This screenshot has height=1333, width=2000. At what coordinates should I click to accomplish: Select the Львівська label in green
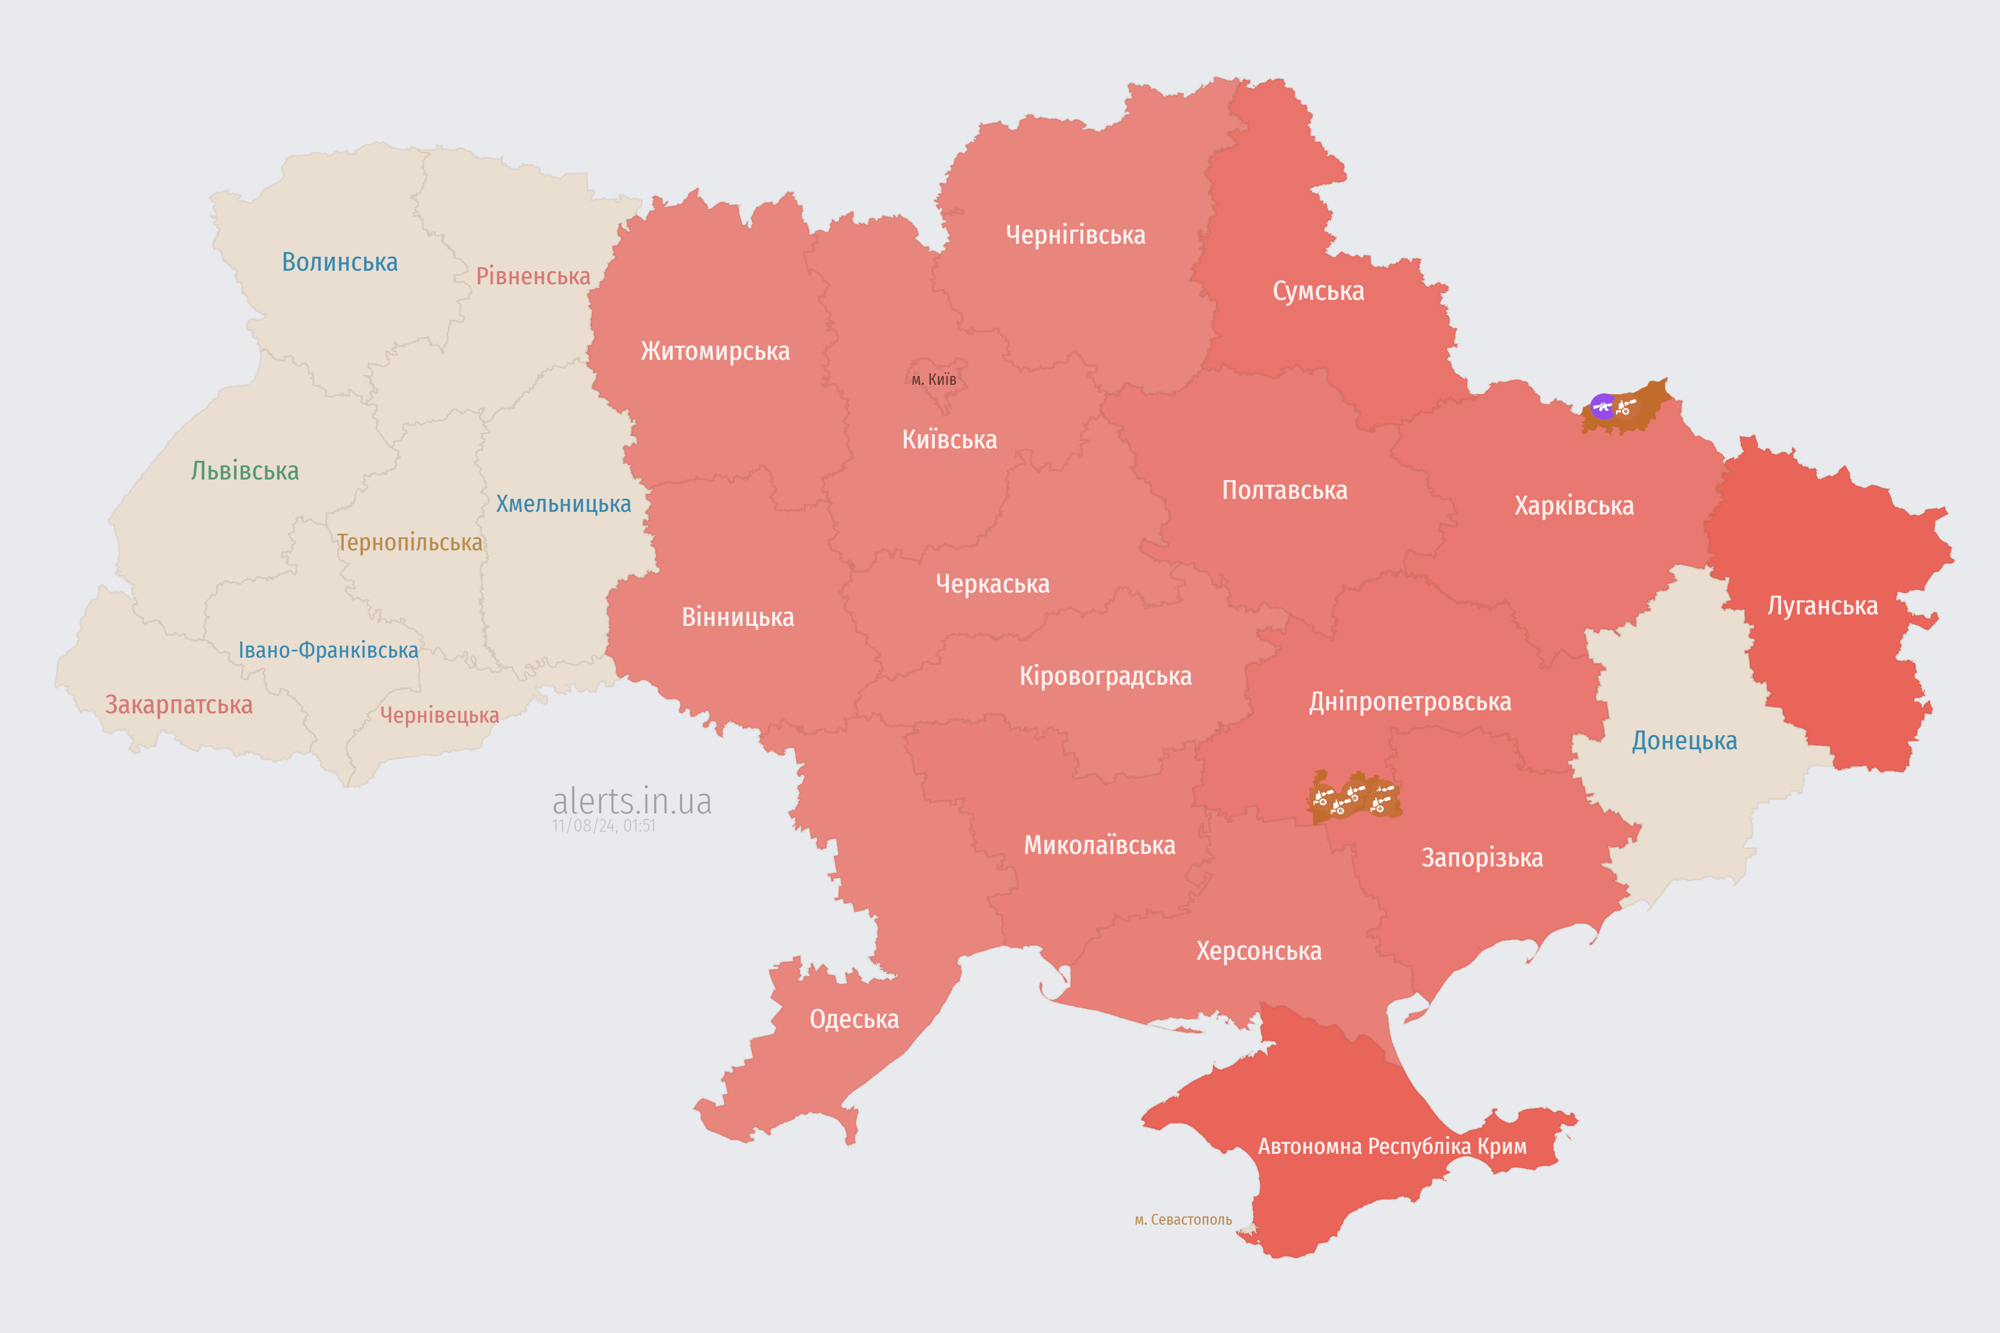coord(245,471)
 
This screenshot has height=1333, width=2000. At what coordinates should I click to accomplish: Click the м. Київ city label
coord(934,379)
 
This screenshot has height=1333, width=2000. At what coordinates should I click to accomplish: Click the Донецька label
coord(1684,740)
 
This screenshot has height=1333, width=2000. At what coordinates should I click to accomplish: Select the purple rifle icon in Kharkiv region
coord(1603,406)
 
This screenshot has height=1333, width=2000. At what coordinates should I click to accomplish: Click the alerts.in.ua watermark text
coord(632,801)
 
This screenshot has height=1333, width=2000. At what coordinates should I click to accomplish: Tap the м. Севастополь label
coord(1183,1220)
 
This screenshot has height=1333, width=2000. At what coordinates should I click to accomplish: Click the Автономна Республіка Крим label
coord(1392,1146)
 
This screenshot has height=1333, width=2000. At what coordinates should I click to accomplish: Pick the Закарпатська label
coord(179,705)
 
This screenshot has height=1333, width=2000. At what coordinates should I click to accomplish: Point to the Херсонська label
coord(1258,950)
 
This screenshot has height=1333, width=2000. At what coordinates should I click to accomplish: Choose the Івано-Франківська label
coord(328,650)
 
